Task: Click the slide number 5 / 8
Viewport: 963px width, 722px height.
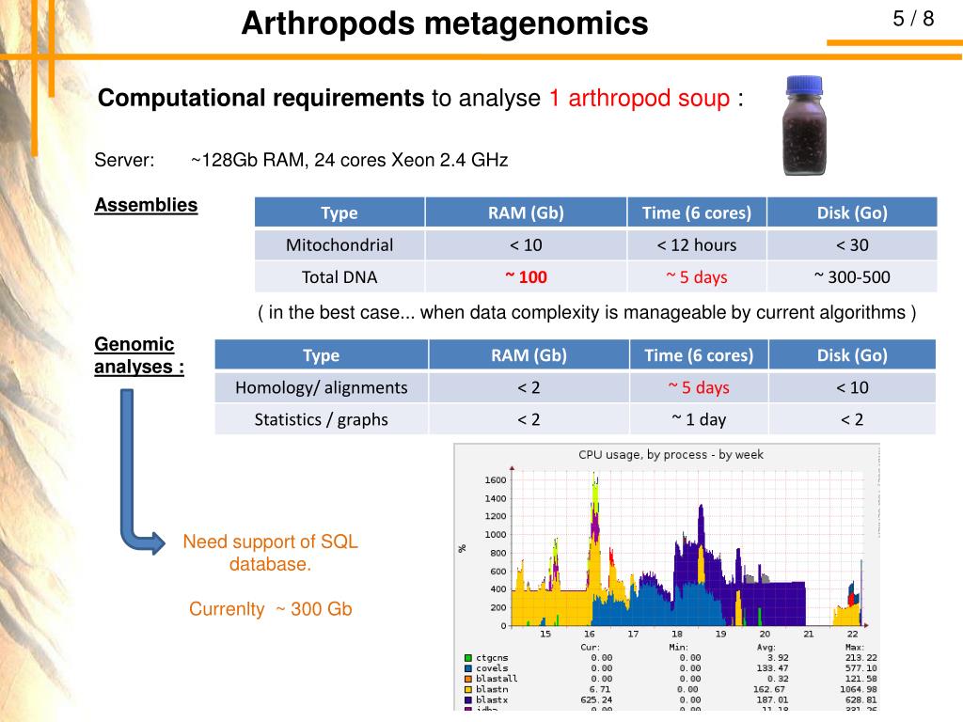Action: point(913,20)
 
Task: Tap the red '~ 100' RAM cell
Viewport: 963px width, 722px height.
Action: point(526,277)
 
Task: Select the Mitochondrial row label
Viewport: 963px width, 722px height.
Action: point(339,245)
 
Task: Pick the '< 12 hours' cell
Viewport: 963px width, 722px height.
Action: point(696,245)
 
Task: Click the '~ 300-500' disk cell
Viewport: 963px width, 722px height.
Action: point(852,277)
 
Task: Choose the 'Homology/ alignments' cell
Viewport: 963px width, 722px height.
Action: point(322,387)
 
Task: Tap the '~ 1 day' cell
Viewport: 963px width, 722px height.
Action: point(698,419)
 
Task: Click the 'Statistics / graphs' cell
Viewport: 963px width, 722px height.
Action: point(322,419)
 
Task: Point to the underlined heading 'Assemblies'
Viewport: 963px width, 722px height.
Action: point(146,205)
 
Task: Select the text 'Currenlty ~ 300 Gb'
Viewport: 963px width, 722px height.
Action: point(270,609)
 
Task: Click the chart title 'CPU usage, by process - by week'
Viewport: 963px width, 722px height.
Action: point(671,455)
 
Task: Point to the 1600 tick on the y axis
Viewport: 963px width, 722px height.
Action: point(495,480)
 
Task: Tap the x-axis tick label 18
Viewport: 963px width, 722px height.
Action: point(677,635)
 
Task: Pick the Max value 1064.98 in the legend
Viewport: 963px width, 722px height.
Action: point(858,689)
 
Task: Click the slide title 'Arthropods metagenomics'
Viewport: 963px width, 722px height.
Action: point(444,24)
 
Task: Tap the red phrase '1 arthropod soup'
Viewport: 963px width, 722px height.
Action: point(639,99)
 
